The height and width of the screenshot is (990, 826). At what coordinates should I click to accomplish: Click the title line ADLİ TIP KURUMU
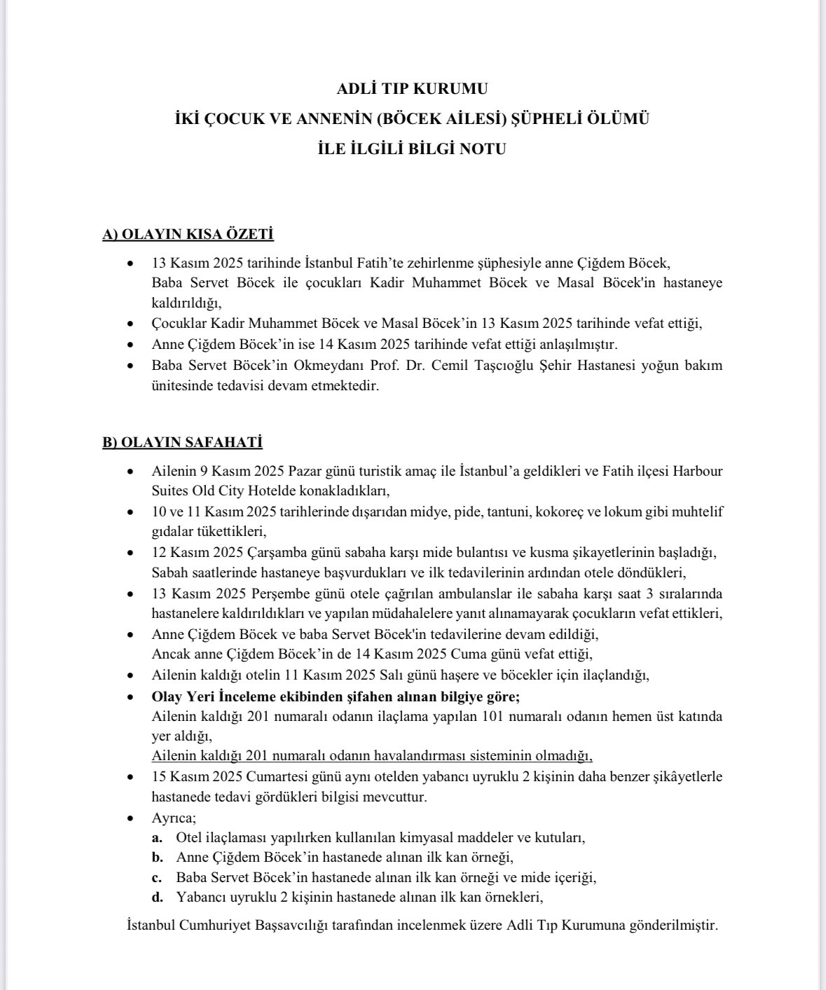pos(412,89)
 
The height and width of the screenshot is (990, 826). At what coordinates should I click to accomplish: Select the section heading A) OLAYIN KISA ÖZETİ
pos(188,235)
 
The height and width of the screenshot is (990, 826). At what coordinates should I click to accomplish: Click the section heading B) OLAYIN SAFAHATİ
pos(183,442)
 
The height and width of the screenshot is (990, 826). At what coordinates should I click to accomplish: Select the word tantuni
pos(505,511)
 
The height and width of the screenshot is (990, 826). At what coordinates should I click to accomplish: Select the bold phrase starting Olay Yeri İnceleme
pos(336,696)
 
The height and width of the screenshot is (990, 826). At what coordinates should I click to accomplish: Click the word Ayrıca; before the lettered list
pos(174,818)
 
